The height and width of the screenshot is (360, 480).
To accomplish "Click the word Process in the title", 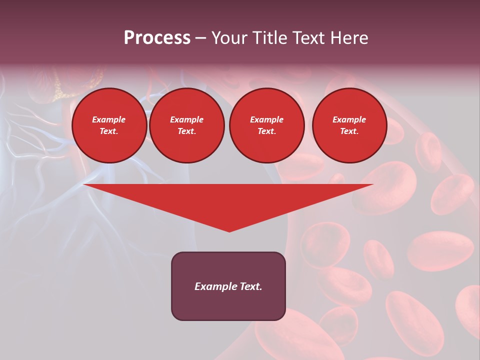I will [x=157, y=38].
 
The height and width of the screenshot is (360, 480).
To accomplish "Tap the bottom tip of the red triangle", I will [x=229, y=230].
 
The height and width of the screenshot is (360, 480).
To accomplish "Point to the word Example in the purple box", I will [x=215, y=286].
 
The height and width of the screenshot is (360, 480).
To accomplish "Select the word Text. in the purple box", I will [x=250, y=286].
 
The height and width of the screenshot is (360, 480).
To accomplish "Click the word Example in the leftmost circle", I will [x=109, y=119].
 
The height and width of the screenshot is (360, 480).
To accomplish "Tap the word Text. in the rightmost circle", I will [x=349, y=131].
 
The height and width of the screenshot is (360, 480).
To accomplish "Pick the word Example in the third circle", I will [x=266, y=119].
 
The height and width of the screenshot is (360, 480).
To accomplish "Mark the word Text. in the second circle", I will [x=186, y=131].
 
